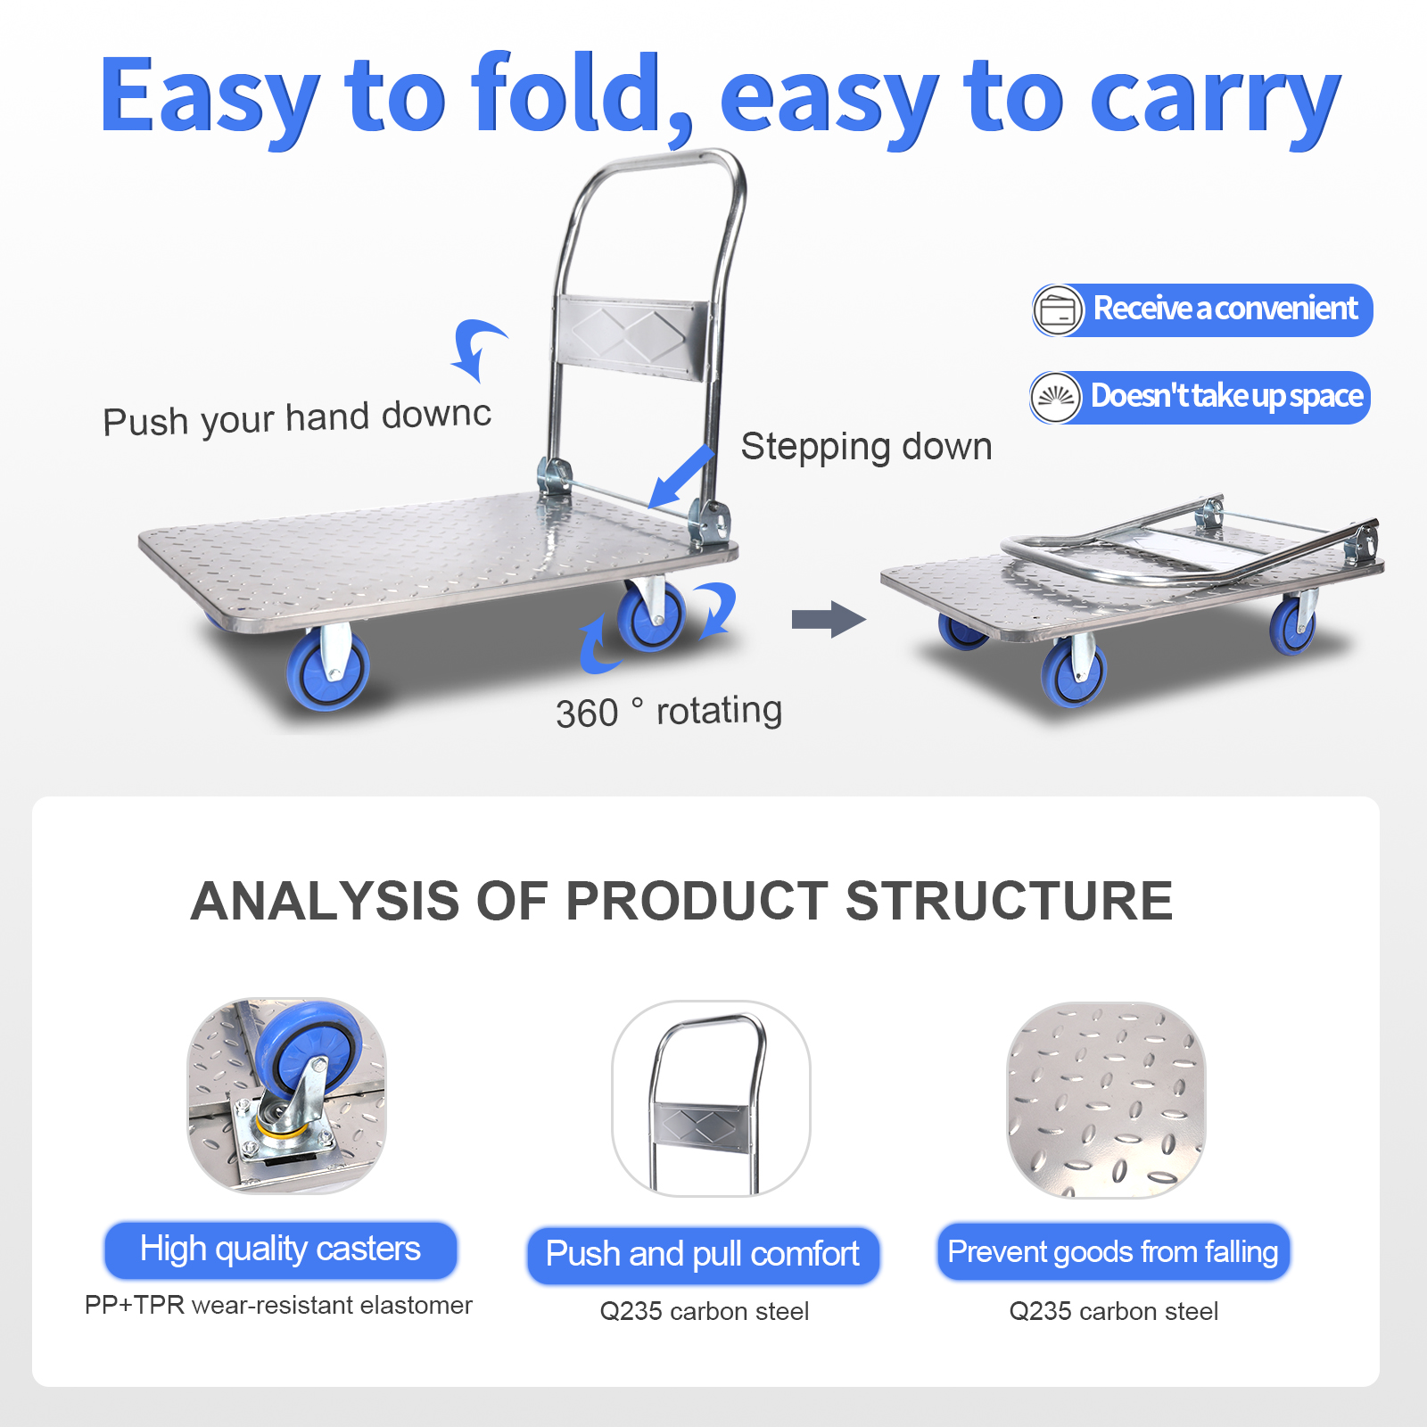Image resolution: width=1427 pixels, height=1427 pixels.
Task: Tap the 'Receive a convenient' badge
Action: coord(1202,309)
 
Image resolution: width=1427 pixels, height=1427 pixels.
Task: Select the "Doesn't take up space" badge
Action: coord(1200,397)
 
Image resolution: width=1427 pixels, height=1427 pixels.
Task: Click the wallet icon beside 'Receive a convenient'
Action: coord(1059,310)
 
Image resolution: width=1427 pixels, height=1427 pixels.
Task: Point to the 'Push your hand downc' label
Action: coord(297,417)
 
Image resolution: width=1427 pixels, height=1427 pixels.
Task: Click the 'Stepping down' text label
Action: coord(866,447)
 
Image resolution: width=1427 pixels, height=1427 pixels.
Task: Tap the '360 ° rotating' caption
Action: coord(669,712)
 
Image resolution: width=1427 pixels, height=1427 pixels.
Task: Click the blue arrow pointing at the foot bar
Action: coord(682,476)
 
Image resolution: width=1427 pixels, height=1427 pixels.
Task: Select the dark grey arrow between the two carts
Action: coord(829,619)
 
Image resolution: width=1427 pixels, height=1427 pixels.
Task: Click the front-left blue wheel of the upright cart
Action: coord(328,670)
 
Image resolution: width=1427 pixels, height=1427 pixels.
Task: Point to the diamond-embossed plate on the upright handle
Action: coord(631,337)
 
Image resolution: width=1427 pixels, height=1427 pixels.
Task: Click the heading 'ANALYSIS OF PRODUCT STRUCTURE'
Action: coord(681,900)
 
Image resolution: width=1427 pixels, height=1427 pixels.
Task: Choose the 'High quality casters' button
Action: coord(281,1250)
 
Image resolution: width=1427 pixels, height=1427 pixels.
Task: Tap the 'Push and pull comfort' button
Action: coord(703,1255)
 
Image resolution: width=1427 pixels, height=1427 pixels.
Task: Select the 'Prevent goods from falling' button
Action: coord(1113,1252)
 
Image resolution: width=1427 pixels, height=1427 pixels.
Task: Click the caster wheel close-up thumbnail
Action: coord(286,1095)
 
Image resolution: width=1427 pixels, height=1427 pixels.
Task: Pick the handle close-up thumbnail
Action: coord(711,1098)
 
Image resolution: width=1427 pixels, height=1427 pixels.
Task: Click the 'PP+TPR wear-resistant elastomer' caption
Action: coord(278,1306)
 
